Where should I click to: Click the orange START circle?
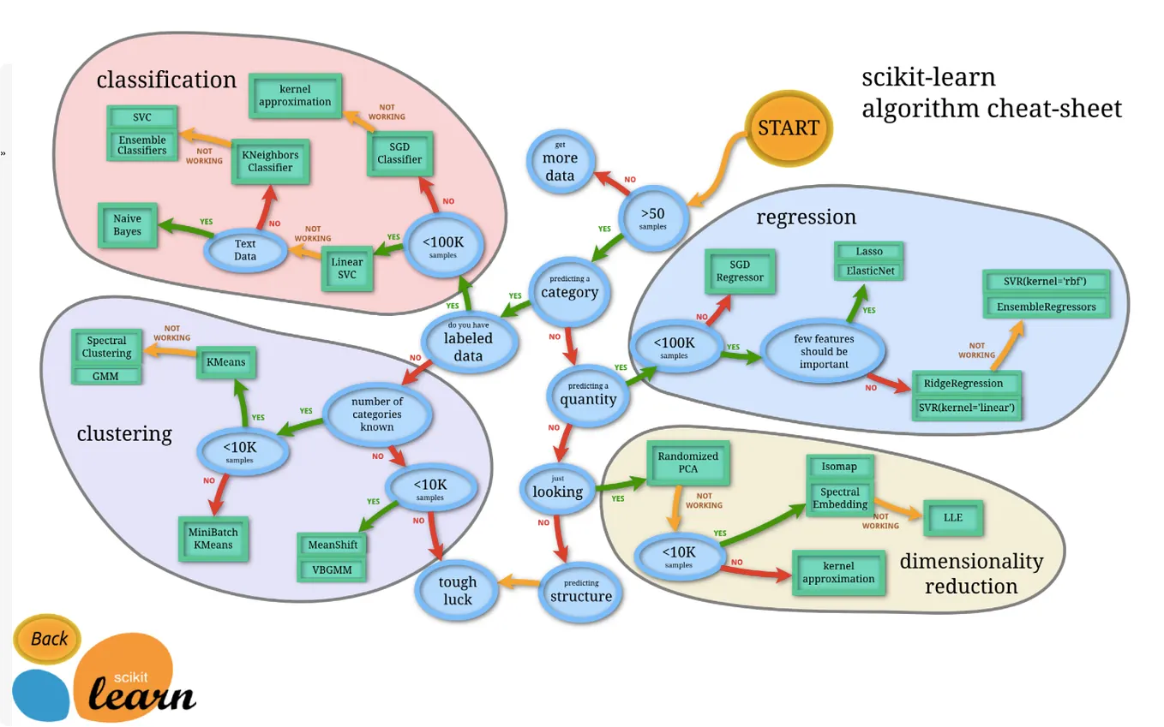click(789, 128)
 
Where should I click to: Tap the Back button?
click(47, 639)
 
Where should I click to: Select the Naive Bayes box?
click(128, 225)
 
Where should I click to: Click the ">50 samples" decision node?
click(652, 218)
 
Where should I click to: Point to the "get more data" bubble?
click(560, 162)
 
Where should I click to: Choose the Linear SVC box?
click(346, 268)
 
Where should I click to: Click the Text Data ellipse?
click(245, 250)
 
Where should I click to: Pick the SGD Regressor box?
click(740, 271)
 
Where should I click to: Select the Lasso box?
click(869, 252)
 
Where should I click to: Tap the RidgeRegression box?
click(966, 384)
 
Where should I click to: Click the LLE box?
click(953, 518)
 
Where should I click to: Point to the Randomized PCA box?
click(688, 462)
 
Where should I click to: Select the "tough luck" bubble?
click(457, 591)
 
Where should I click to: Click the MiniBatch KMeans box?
click(213, 539)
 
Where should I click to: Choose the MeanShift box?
click(333, 545)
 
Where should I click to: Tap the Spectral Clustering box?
click(106, 347)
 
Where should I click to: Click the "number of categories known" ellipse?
click(377, 414)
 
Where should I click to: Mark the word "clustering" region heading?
click(124, 433)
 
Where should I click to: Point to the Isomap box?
click(839, 467)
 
